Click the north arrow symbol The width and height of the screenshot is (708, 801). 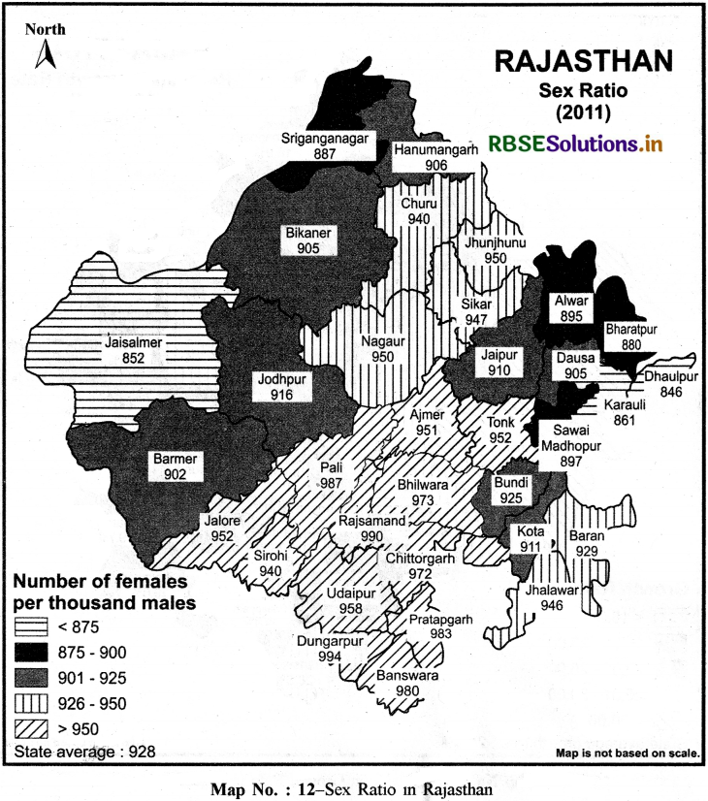(44, 56)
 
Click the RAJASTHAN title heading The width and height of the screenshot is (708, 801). (582, 63)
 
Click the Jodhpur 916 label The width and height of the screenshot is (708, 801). (281, 386)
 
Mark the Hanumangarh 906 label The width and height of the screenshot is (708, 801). (435, 158)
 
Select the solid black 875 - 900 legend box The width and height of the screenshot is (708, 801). (40, 650)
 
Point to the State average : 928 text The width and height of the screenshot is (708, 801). (83, 752)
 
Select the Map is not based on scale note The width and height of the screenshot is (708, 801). (628, 753)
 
